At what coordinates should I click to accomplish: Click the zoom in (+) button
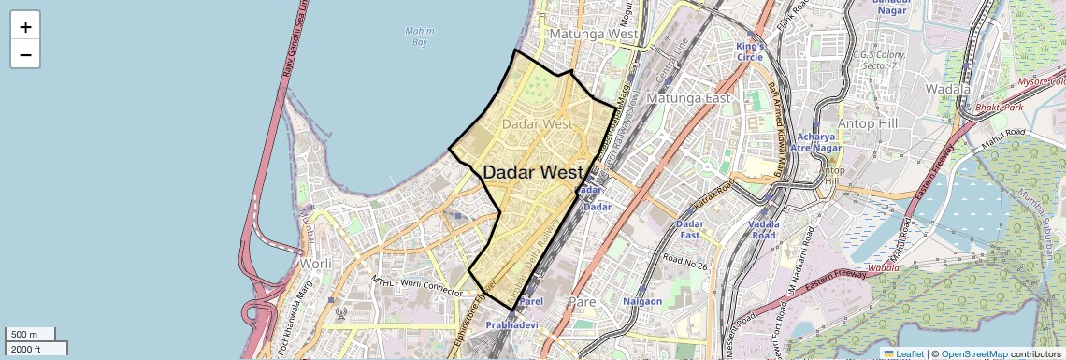tap(25, 26)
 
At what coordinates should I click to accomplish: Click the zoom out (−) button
tap(25, 54)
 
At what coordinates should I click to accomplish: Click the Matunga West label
tap(594, 34)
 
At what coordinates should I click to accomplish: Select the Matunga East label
tap(692, 97)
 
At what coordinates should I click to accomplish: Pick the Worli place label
tap(315, 264)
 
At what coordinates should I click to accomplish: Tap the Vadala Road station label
tap(764, 230)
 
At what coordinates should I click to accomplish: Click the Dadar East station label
tap(689, 230)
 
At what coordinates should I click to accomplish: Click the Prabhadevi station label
tap(511, 324)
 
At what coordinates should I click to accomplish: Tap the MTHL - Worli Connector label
tap(417, 287)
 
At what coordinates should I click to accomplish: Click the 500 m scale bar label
tap(24, 334)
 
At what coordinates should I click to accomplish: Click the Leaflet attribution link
tap(903, 353)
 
